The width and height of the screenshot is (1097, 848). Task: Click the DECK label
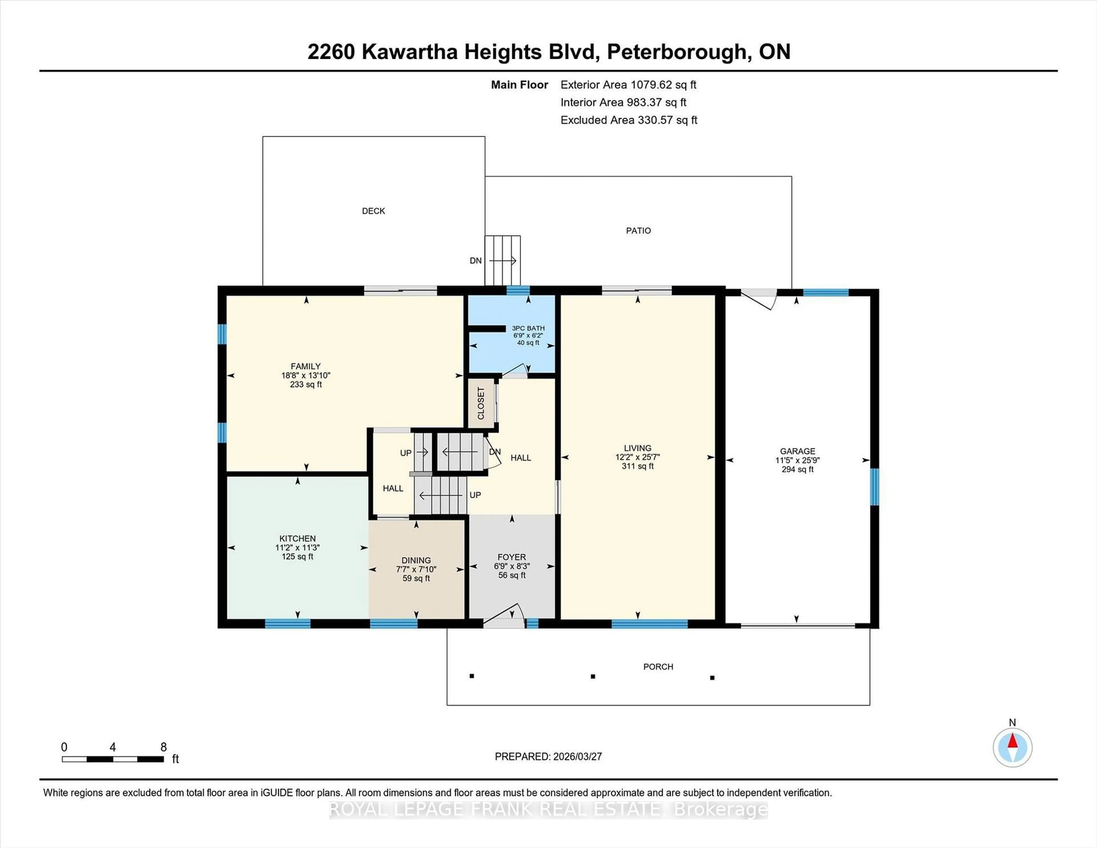[x=373, y=211]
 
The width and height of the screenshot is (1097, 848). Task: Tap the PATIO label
[x=638, y=231]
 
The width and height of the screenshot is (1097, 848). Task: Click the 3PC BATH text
[x=528, y=328]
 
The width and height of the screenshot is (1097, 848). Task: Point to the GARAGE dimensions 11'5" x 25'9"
[x=797, y=460]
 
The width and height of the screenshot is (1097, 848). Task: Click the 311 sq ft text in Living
[x=637, y=466]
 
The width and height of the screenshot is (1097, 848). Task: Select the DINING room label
[x=416, y=560]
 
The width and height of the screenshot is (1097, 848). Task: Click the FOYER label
[x=511, y=557]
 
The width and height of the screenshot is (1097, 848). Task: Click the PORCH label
[x=658, y=667]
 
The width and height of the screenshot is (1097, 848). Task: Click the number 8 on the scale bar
[x=163, y=747]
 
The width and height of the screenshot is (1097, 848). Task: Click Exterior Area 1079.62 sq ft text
[x=628, y=85]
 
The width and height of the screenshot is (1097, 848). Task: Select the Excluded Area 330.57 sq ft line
[x=628, y=120]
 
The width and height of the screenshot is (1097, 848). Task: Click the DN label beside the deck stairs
[x=475, y=261]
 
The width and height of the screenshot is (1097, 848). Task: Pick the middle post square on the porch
[x=593, y=677]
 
